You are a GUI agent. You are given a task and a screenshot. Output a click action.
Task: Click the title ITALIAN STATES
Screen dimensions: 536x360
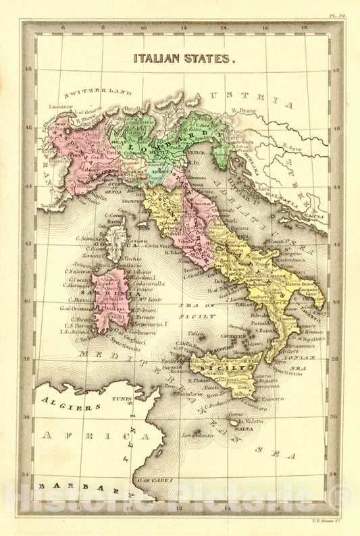[x=184, y=59]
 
